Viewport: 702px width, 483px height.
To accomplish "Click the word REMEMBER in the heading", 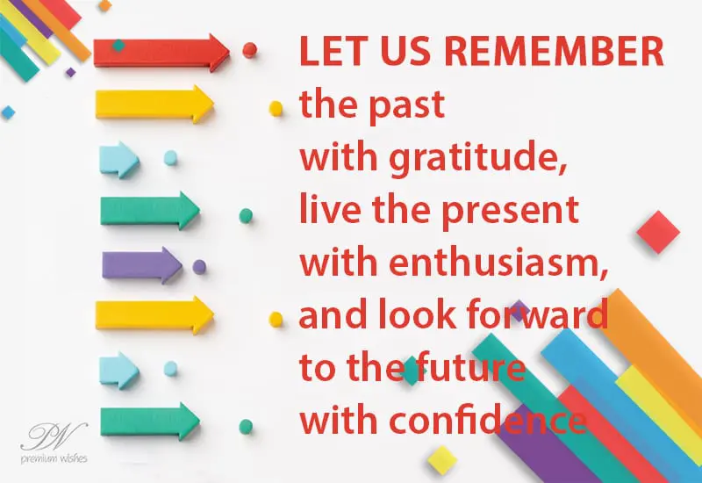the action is point(555,51).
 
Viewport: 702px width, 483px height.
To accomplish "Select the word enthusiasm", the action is point(498,261).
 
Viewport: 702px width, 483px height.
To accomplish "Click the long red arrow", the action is point(161,53).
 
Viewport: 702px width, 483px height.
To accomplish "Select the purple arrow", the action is point(142,265).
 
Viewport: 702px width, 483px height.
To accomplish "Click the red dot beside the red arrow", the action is point(249,50).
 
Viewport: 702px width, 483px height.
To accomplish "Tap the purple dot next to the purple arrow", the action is point(199,267).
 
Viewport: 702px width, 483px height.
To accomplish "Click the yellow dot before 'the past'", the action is point(276,108).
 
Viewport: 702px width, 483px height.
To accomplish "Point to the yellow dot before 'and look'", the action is point(276,319).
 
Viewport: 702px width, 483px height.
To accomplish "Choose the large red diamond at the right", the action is point(658,232).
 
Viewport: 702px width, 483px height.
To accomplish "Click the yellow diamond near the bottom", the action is point(442,459).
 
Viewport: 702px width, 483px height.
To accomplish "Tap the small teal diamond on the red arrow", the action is point(118,46).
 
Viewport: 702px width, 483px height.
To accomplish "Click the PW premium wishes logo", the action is point(54,443).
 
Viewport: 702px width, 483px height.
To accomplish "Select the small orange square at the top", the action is point(104,5).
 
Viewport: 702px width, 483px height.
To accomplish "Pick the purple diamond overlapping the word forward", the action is point(519,311).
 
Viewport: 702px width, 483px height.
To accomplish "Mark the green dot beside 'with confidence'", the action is point(246,426).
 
